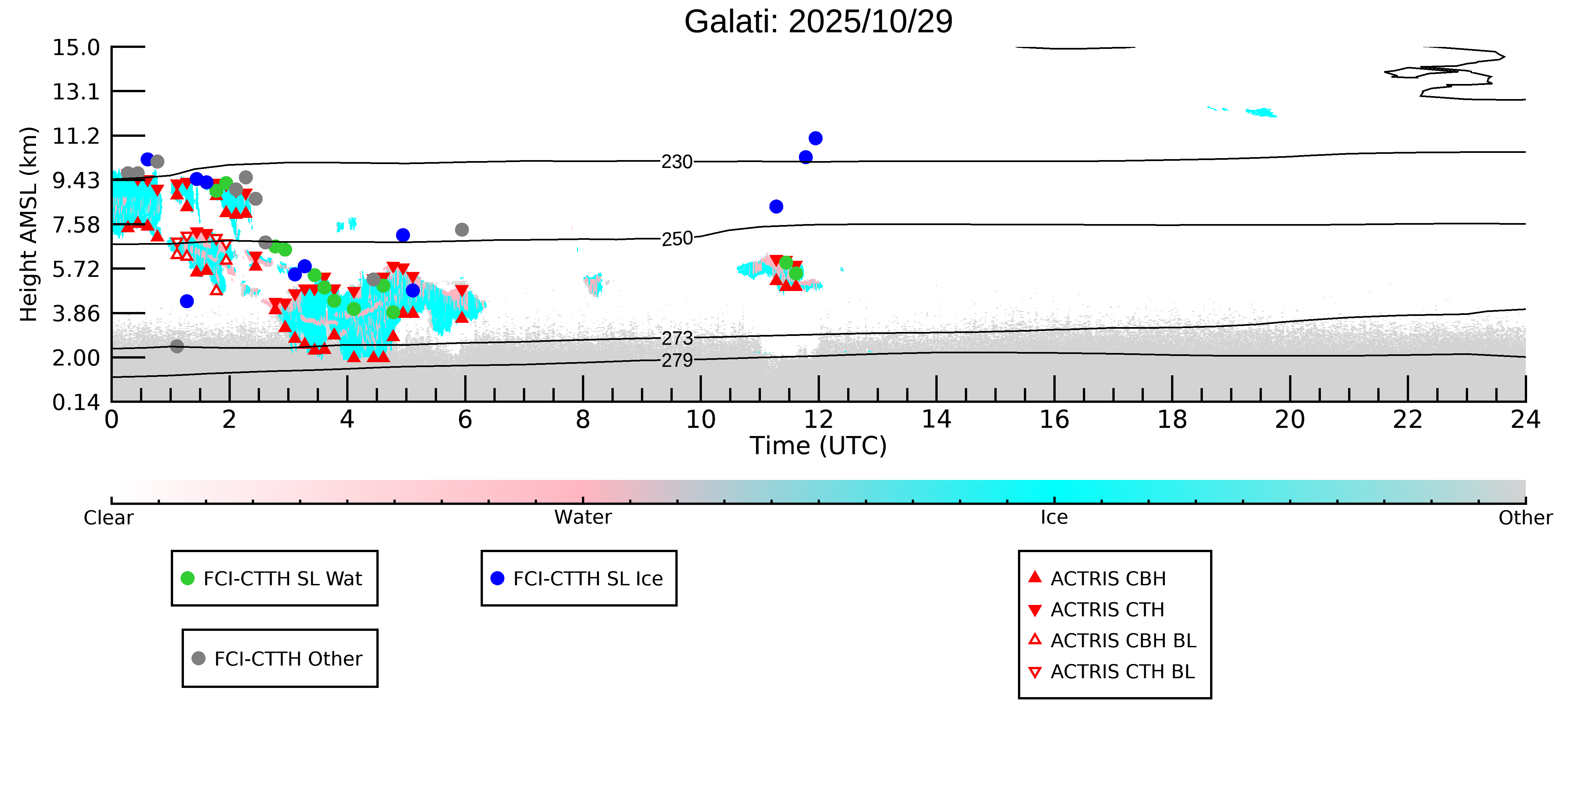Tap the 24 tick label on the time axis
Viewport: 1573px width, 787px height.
coord(1525,420)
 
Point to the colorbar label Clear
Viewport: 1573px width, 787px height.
coord(109,518)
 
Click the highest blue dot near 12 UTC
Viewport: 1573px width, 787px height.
coord(815,138)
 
